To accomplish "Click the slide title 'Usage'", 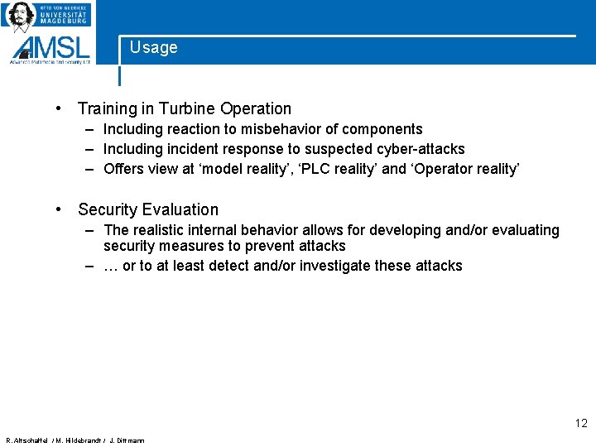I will pyautogui.click(x=153, y=48).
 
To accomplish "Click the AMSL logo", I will pyautogui.click(x=51, y=48).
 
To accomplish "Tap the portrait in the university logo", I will pyautogui.click(x=20, y=16).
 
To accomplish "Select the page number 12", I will pyautogui.click(x=580, y=423).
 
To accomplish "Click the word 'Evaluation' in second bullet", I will pyautogui.click(x=180, y=209).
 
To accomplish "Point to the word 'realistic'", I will pyautogui.click(x=161, y=230).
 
